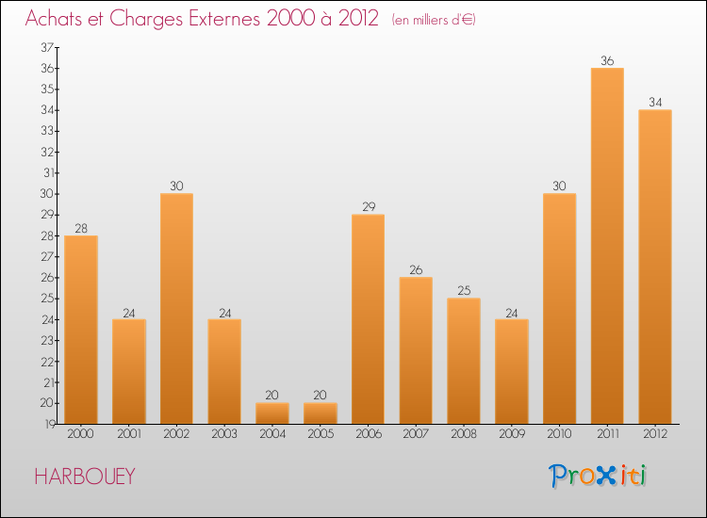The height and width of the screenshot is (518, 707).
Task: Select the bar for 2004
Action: (272, 413)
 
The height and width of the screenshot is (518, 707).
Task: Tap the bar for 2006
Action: (368, 318)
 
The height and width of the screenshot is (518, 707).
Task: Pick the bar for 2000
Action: (81, 329)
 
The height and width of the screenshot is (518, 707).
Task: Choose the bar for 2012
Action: (655, 267)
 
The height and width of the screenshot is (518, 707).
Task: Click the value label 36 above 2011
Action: (607, 61)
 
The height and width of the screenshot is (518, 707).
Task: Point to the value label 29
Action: (368, 207)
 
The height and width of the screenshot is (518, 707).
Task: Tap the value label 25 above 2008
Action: (464, 291)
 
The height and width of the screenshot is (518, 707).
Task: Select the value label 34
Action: (655, 103)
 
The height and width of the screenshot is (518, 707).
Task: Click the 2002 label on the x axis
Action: (176, 434)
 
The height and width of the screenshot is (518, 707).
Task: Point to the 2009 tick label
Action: (512, 434)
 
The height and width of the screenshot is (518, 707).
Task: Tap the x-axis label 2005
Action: (321, 434)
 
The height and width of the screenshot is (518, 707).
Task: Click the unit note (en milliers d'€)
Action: (434, 20)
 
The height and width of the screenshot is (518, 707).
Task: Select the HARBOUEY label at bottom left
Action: (84, 477)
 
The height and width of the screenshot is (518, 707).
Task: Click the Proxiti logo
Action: (598, 476)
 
